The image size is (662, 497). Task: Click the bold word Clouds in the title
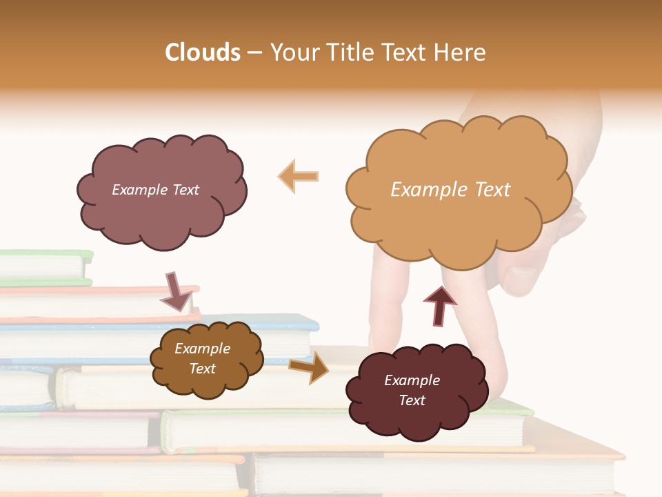pos(203,52)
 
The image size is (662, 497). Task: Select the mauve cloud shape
pos(161,192)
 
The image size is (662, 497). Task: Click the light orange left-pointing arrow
pos(299,175)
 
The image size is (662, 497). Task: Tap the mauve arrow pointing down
pos(177,290)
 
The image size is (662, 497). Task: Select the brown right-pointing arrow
pos(310,367)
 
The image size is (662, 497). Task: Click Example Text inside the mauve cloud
pos(155,190)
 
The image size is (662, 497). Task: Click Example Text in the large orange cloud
pos(450,190)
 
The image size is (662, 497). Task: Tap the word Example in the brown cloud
pos(202,349)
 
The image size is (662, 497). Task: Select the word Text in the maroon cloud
pos(412,400)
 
